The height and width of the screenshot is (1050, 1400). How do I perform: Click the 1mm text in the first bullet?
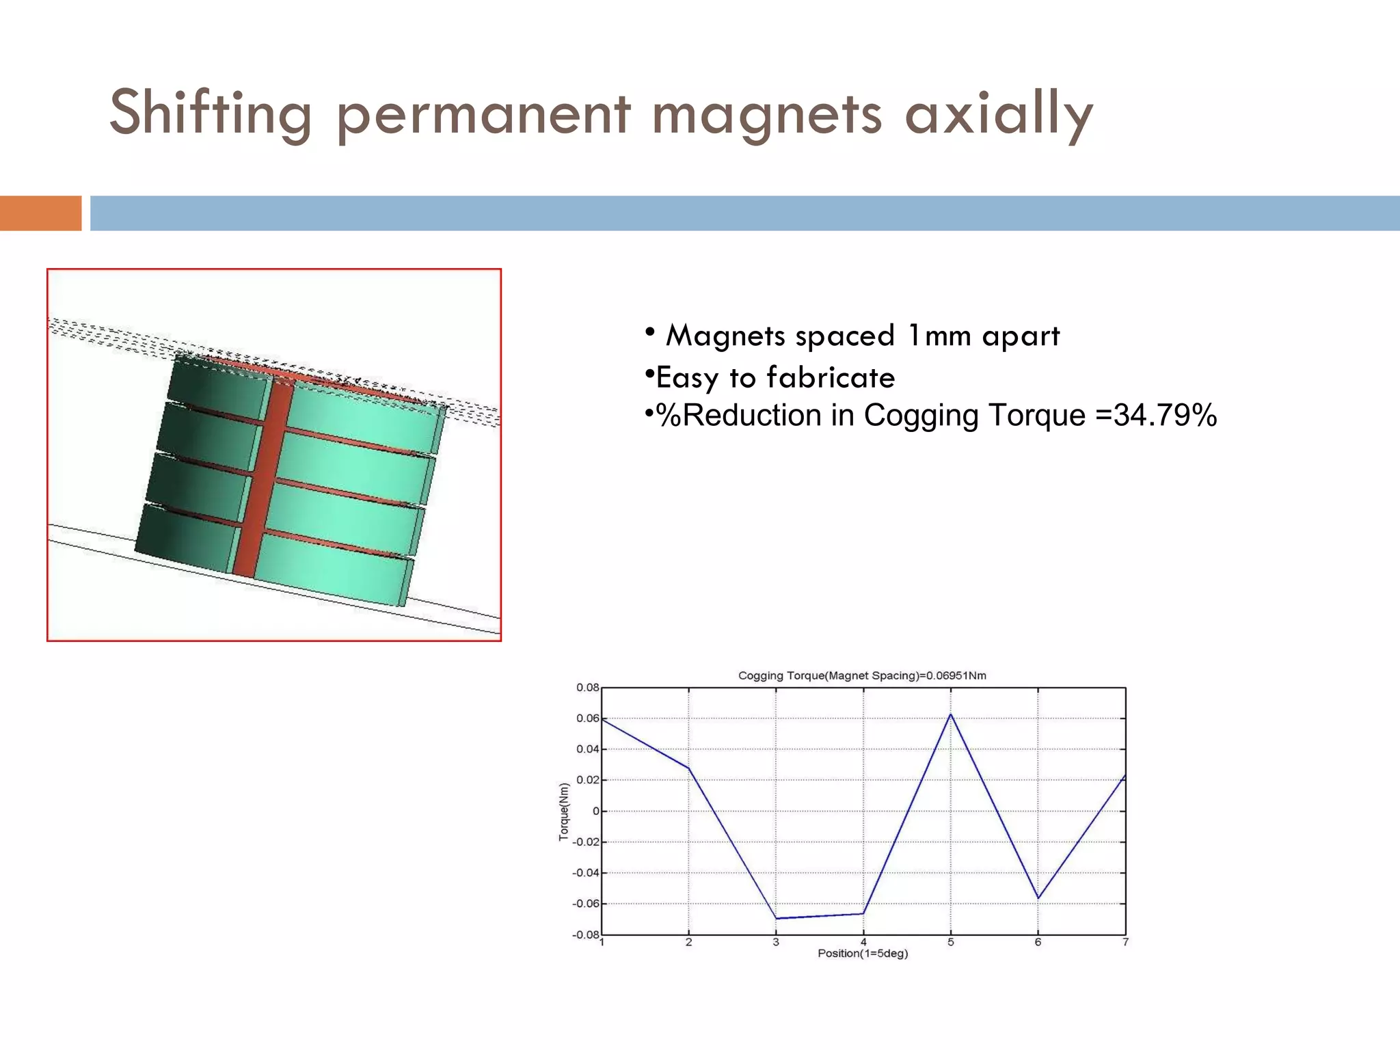coord(939,336)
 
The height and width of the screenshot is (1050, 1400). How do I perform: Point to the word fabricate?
coord(830,377)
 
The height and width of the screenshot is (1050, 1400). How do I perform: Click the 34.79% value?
coord(1165,415)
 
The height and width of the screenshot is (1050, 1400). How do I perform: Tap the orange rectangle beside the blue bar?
coord(40,213)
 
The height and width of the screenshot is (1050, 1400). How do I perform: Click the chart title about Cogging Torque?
coord(861,675)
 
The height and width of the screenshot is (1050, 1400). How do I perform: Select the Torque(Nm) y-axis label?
coord(564,811)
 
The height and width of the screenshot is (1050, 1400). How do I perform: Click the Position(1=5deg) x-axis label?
coord(863,954)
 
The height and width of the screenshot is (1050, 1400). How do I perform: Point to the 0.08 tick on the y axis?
coord(587,687)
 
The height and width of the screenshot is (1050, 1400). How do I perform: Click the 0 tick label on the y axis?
coord(595,811)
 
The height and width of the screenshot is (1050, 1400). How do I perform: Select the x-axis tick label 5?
coord(950,943)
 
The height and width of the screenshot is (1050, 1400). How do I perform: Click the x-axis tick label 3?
coord(776,943)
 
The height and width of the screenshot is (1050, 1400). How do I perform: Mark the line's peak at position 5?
coord(950,714)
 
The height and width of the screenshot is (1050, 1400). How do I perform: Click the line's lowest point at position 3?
coord(777,918)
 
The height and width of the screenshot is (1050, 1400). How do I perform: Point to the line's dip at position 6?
coord(1038,898)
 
